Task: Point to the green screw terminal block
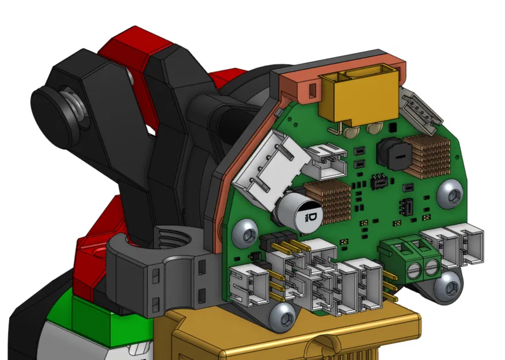(x=411, y=260)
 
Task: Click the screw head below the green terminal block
(x=448, y=286)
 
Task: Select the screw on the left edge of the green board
(x=248, y=233)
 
